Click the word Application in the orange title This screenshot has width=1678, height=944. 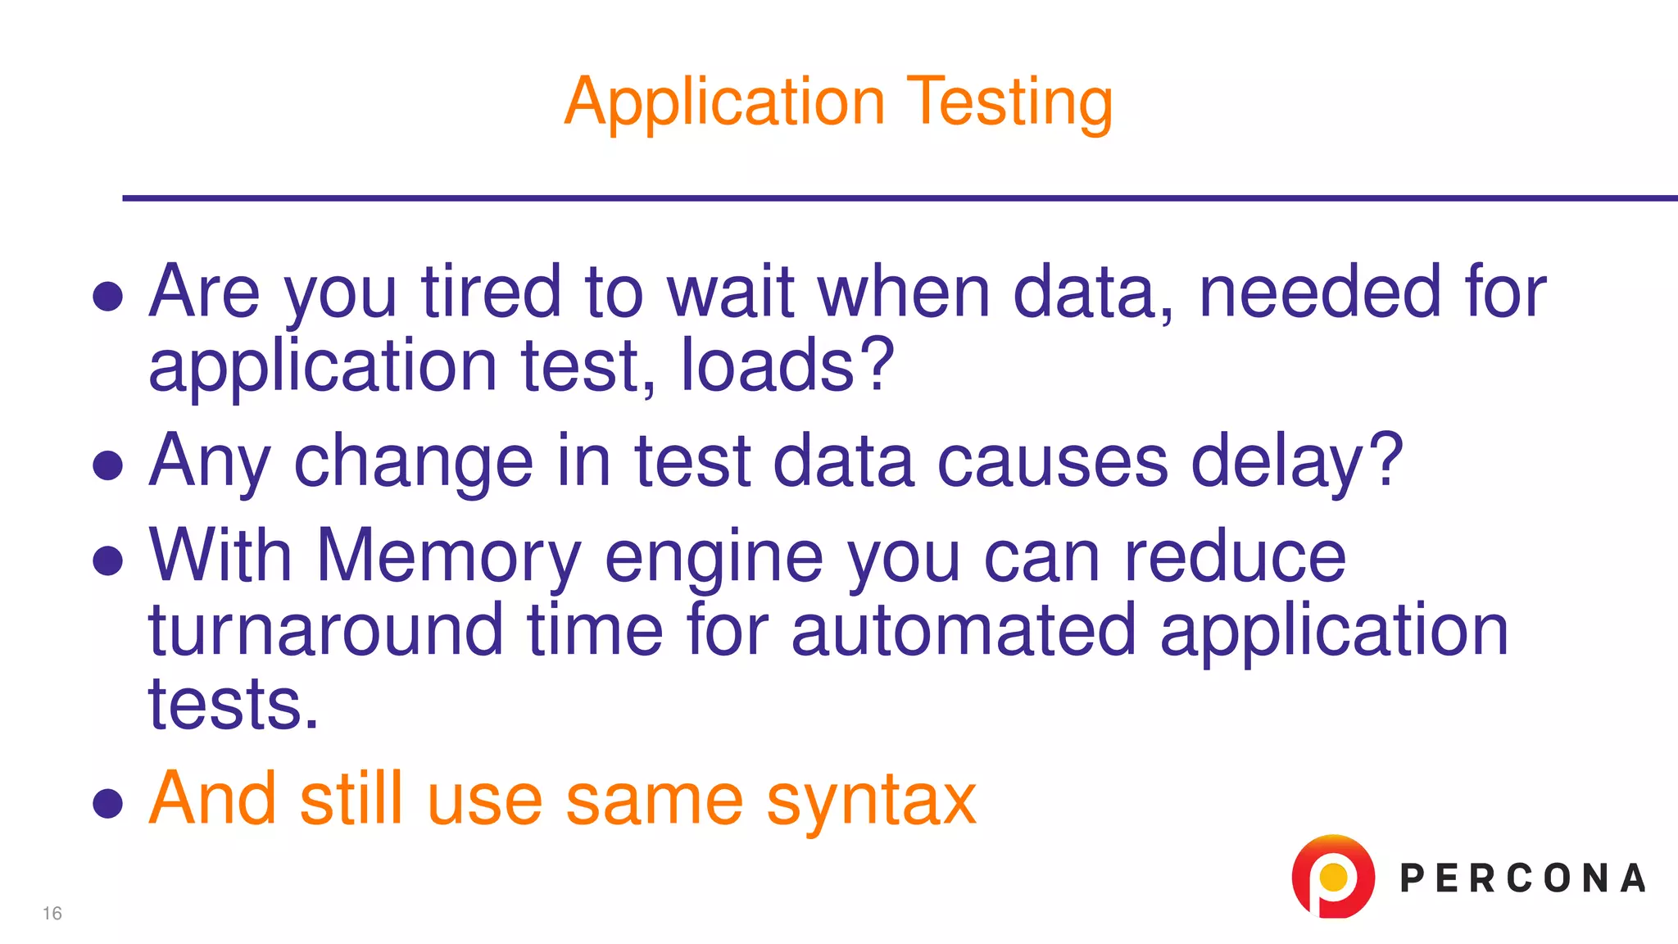click(x=724, y=102)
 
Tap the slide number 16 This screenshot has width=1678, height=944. click(x=52, y=913)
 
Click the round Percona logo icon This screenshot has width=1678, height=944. click(x=1333, y=877)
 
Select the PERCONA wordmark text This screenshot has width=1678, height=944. click(x=1522, y=878)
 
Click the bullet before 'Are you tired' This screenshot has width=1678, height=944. click(x=108, y=297)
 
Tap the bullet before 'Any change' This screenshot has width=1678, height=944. click(x=108, y=465)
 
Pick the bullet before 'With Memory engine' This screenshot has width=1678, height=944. click(x=108, y=561)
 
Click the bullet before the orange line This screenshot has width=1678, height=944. click(x=108, y=803)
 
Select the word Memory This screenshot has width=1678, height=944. click(x=448, y=557)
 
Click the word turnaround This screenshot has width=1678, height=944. click(x=325, y=631)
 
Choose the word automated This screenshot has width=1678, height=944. click(x=964, y=631)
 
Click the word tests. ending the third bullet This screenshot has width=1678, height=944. click(x=233, y=705)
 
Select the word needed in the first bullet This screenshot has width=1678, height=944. click(x=1319, y=292)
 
